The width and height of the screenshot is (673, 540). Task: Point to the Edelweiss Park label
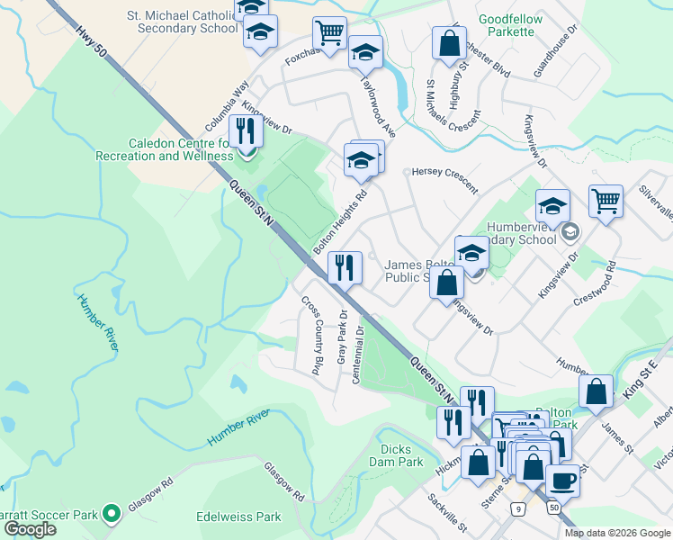point(238,517)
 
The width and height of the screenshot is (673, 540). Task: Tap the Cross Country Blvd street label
point(311,335)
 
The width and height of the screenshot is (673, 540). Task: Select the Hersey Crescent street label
point(444,178)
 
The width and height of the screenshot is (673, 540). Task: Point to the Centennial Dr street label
point(358,354)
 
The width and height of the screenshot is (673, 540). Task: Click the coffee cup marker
point(562,479)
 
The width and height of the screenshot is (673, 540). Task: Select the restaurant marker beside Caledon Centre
point(245,131)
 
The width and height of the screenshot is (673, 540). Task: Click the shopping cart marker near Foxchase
point(329,32)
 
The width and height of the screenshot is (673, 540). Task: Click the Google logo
point(30,529)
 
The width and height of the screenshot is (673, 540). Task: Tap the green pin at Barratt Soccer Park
point(111,514)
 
